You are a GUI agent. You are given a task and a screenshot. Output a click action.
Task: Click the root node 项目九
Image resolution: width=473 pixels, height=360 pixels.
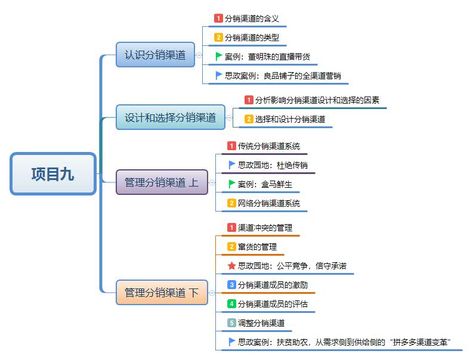pyautogui.click(x=53, y=174)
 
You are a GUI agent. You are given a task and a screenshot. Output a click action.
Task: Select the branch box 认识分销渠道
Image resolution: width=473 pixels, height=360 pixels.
pyautogui.click(x=155, y=55)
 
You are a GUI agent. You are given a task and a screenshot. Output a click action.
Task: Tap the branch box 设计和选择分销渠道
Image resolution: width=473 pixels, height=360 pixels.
pyautogui.click(x=170, y=117)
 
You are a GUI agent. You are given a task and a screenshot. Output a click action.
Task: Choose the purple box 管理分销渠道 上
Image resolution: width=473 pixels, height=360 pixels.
pyautogui.click(x=162, y=182)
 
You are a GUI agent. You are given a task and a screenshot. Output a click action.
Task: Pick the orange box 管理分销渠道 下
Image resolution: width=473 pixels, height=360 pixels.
pyautogui.click(x=162, y=293)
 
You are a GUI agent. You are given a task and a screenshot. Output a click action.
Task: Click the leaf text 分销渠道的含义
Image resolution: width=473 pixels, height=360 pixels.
pyautogui.click(x=252, y=18)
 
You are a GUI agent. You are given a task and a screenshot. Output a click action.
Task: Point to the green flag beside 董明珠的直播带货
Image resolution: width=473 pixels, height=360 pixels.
pyautogui.click(x=219, y=57)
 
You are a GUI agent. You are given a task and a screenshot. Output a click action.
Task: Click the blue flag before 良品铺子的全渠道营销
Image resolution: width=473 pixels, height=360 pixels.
pyautogui.click(x=219, y=76)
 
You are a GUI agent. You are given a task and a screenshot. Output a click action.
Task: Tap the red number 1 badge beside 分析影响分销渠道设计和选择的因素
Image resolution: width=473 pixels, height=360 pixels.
pyautogui.click(x=249, y=100)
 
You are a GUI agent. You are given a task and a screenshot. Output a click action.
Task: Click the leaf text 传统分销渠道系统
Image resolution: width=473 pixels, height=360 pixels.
pyautogui.click(x=269, y=145)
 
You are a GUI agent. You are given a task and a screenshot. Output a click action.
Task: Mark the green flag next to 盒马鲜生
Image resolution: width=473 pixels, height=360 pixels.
pyautogui.click(x=232, y=184)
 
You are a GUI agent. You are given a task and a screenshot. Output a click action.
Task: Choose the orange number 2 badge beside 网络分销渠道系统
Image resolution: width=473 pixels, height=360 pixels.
pyautogui.click(x=232, y=203)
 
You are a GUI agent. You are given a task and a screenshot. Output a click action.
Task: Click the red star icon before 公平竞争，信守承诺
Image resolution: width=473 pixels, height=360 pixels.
pyautogui.click(x=232, y=266)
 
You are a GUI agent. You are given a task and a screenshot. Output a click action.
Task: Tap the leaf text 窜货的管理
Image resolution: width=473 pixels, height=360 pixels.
pyautogui.click(x=257, y=247)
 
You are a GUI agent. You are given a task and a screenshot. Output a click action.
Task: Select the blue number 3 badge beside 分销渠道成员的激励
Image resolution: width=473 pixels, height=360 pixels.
pyautogui.click(x=232, y=285)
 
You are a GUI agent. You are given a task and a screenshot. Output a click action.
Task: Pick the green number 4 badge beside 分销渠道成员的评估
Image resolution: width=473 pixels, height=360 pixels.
pyautogui.click(x=232, y=304)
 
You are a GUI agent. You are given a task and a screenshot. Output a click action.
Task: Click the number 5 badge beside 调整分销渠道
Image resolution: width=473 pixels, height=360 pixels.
pyautogui.click(x=232, y=323)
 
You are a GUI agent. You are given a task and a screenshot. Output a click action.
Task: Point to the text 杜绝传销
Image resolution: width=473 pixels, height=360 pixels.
pyautogui.click(x=292, y=165)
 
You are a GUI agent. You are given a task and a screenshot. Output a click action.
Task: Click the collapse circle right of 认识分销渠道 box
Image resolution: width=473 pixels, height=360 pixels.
pyautogui.click(x=199, y=55)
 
